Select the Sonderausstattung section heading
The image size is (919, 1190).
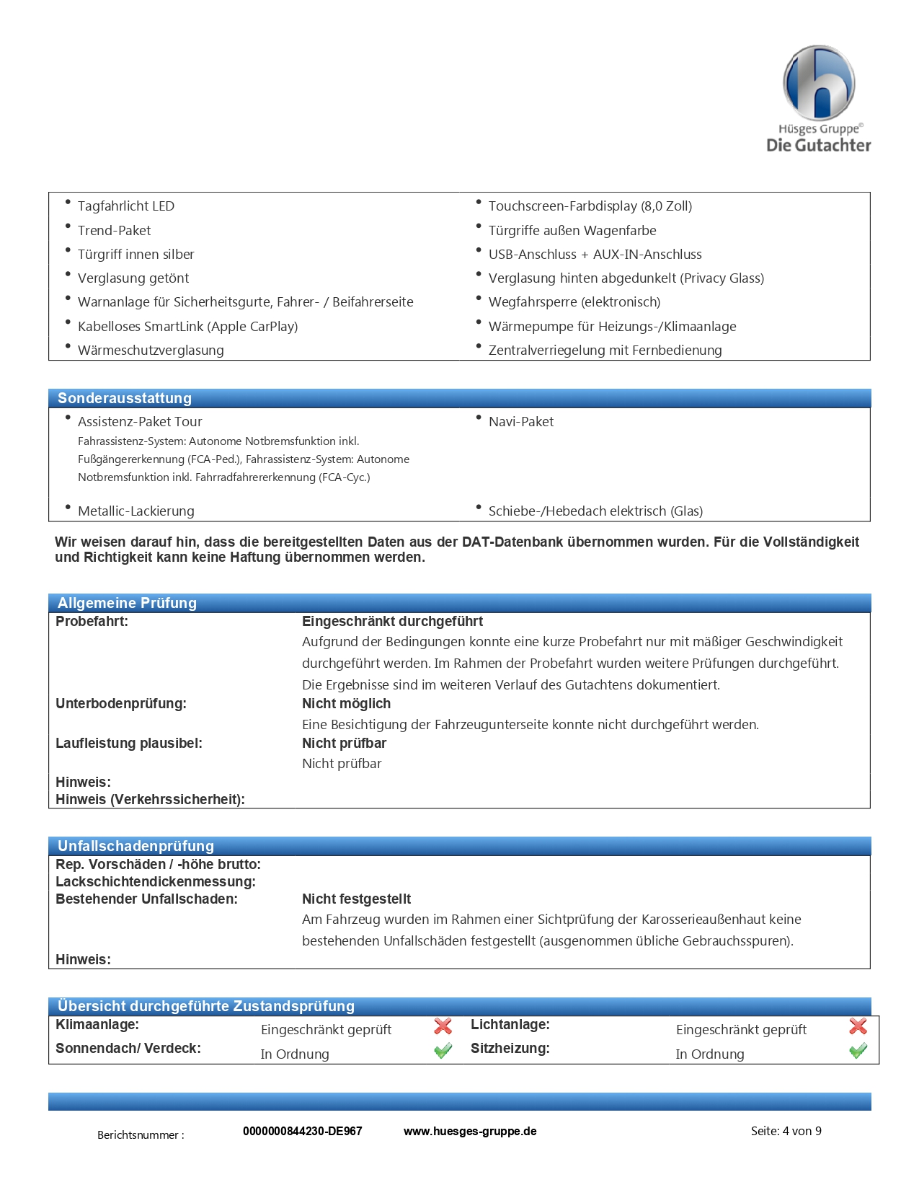125,398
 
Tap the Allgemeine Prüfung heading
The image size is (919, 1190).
127,603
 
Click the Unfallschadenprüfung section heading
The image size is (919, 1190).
136,846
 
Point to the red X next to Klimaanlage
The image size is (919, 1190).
443,1026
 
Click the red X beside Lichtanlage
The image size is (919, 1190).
858,1026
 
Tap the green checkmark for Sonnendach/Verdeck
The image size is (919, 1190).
443,1051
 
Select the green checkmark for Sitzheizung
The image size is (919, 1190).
858,1051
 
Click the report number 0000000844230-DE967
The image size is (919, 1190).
302,1131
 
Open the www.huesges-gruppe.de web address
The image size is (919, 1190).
470,1131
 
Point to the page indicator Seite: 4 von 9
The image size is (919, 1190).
786,1131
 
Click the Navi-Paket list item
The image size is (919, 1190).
520,422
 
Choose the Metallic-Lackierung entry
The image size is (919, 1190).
136,511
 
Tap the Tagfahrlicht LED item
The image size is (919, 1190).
126,206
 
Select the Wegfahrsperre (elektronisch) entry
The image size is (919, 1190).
574,302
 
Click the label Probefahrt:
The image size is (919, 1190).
92,622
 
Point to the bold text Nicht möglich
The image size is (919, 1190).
346,704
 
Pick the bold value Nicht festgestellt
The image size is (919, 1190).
356,899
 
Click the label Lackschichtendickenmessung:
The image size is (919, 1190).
156,882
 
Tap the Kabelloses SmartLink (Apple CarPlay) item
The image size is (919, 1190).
187,327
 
